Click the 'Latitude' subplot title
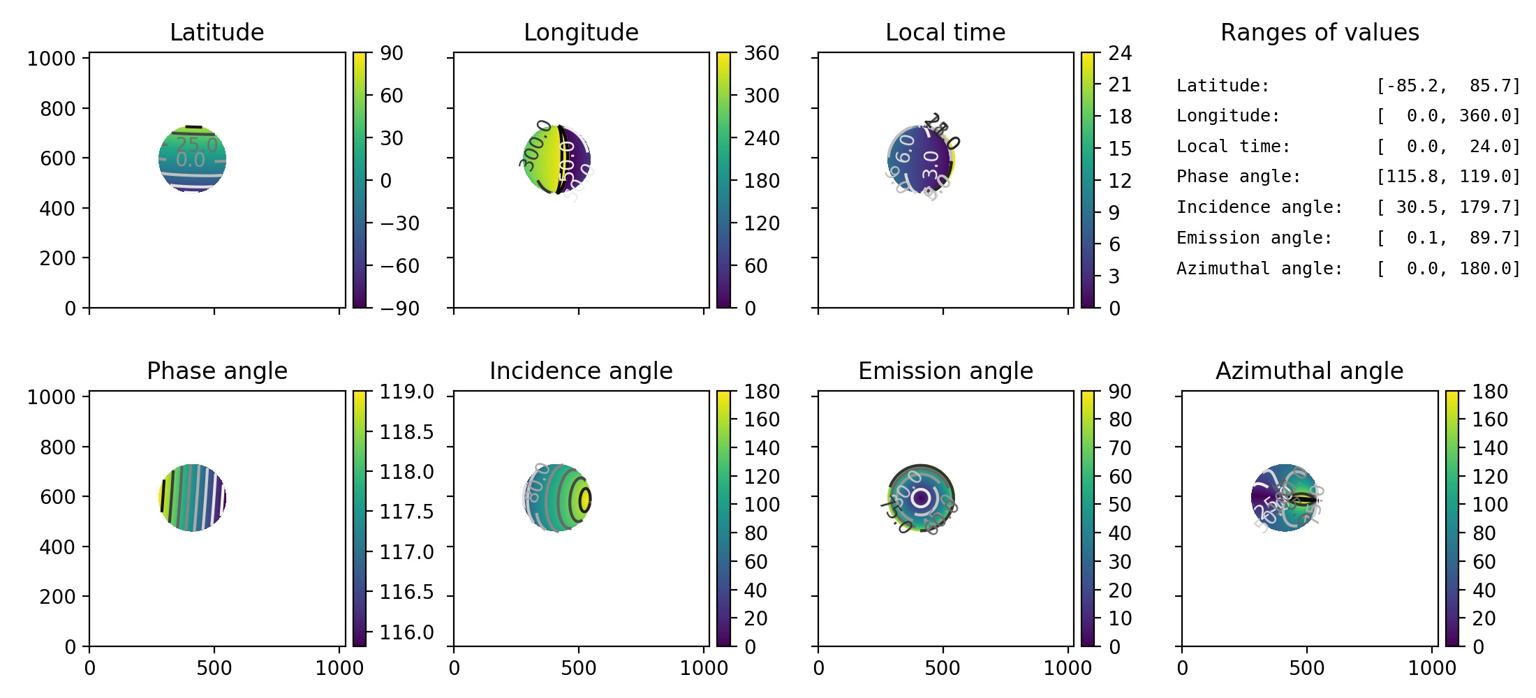pos(216,32)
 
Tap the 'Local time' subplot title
pos(945,32)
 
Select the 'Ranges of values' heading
pos(1320,32)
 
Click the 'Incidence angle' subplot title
pos(581,371)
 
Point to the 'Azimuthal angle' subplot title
pos(1309,371)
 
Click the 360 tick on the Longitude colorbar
pos(761,54)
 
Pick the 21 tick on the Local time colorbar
pos(1120,85)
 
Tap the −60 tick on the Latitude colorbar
pos(399,266)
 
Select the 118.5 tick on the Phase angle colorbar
pos(406,432)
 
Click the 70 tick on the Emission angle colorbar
pos(1120,448)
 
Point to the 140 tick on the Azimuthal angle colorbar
pos(1490,448)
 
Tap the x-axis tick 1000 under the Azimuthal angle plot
pos(1431,668)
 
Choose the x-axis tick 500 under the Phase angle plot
pos(214,668)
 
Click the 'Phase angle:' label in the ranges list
pos(1239,177)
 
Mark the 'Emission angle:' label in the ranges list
pos(1254,238)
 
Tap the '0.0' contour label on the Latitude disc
pos(190,161)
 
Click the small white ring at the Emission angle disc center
pos(920,498)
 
